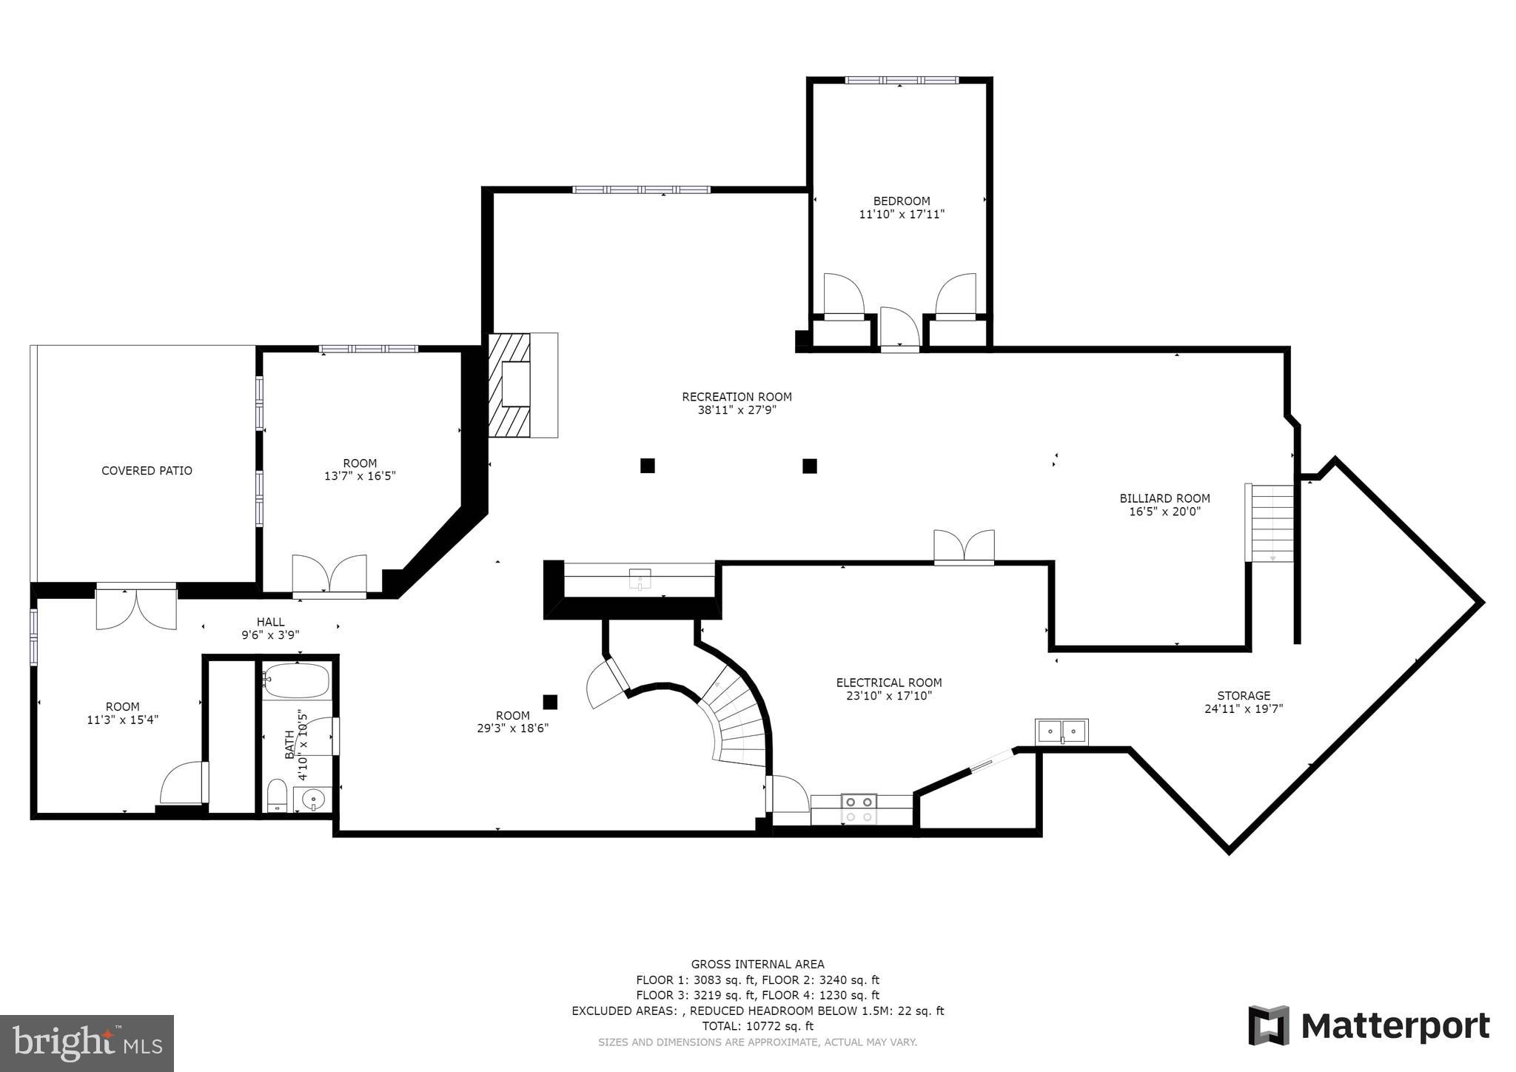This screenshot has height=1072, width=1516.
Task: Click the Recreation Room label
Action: coord(737,397)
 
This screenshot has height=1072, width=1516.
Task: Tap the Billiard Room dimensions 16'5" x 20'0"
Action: coord(1164,512)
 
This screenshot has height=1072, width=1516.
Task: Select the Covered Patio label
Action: coord(147,471)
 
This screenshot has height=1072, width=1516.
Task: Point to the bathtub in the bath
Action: coord(296,680)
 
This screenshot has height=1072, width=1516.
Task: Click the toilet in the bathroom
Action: coord(277,795)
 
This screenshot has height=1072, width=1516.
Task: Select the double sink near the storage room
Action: coord(1061,731)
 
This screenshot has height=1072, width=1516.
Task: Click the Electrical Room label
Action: coord(888,683)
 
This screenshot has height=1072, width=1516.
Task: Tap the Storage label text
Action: coord(1244,695)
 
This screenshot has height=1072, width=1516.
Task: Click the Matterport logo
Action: coord(1369,1026)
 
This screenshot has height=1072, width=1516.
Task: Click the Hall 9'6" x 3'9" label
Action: coord(270,629)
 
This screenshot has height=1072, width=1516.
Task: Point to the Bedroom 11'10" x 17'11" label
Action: coord(901,207)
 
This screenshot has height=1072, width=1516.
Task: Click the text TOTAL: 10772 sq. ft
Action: coord(757,1026)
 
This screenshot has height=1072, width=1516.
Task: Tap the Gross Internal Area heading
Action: coord(757,964)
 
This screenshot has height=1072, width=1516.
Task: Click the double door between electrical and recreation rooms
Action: coord(964,548)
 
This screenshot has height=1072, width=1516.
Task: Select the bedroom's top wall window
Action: coord(902,80)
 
